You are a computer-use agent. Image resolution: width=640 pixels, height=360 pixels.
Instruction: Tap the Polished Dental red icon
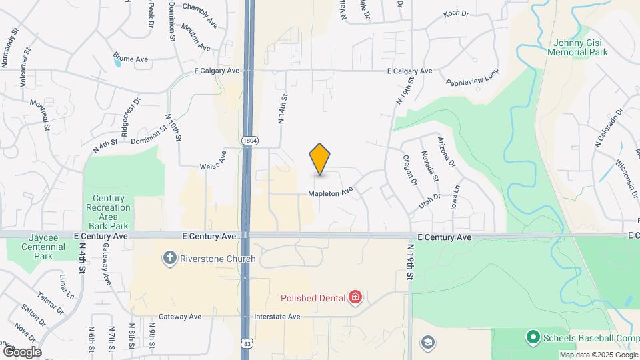click(355, 297)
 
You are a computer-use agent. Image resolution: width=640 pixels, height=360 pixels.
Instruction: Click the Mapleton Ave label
click(329, 193)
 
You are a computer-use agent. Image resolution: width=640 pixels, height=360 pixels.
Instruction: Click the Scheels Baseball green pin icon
click(533, 338)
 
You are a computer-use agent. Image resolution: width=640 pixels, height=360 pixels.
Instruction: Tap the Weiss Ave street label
click(213, 159)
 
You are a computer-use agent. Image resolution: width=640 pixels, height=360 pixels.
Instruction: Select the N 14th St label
click(282, 109)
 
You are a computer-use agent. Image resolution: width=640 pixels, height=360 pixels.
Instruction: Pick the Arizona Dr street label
click(445, 151)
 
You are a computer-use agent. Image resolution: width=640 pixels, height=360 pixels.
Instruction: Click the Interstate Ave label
click(276, 317)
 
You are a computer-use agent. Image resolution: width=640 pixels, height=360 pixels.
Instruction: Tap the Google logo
click(21, 351)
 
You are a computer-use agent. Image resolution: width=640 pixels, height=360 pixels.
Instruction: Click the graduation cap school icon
click(427, 343)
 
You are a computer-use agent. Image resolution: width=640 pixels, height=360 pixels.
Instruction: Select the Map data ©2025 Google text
click(598, 355)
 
